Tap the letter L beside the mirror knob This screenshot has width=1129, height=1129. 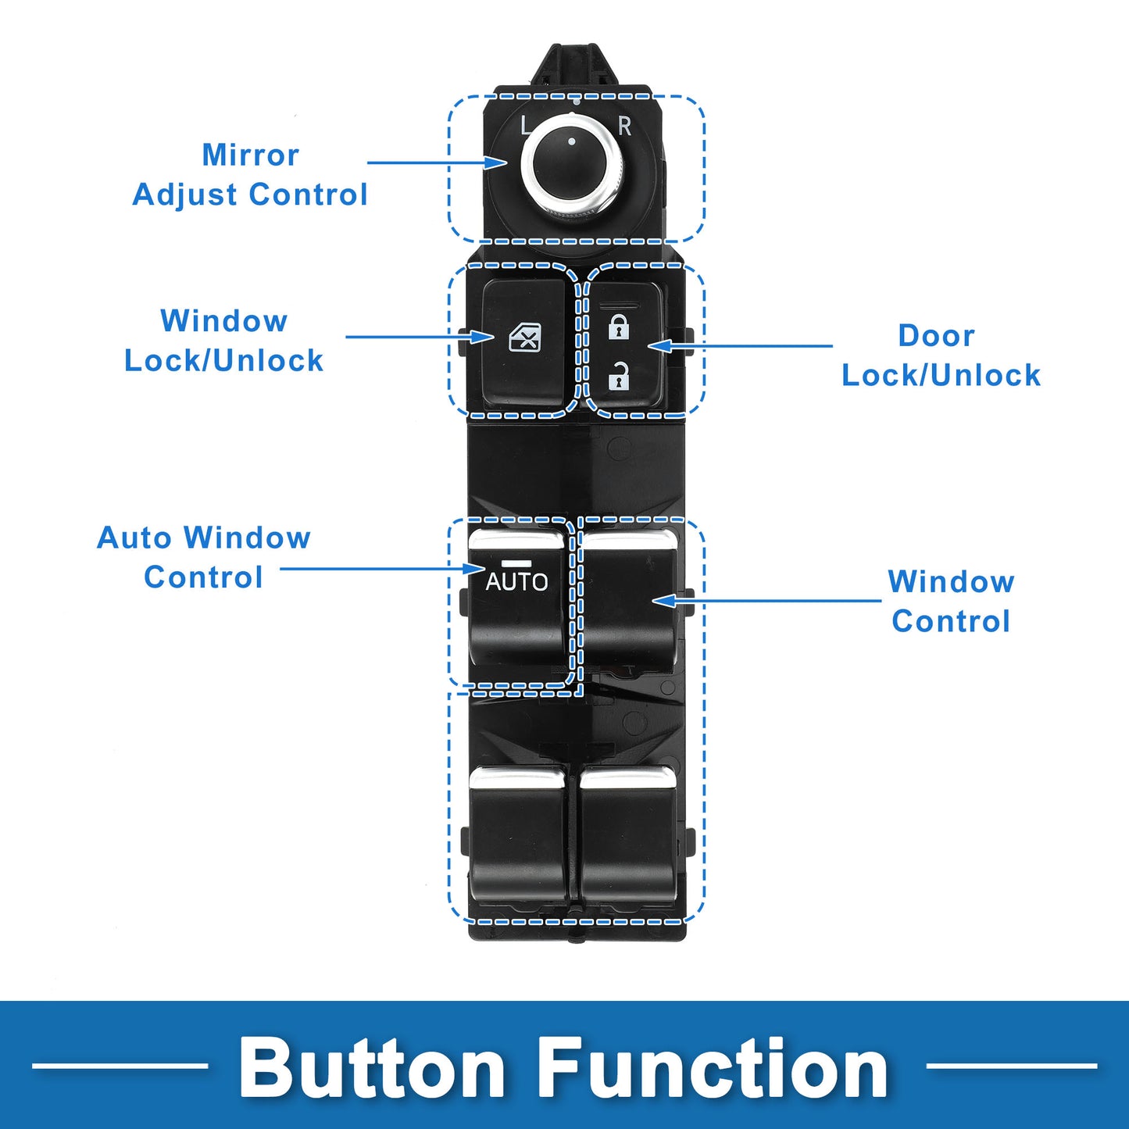click(526, 125)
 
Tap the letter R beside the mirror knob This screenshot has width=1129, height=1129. click(624, 126)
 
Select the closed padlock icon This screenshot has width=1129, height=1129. click(619, 327)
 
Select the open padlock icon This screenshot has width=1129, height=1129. click(619, 377)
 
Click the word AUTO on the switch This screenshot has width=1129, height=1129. click(516, 581)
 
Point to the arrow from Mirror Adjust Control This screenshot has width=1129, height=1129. click(438, 163)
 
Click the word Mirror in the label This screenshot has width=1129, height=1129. click(250, 155)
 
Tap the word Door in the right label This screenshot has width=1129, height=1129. click(936, 335)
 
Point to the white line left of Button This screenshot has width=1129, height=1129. click(120, 1065)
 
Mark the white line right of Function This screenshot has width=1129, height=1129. click(1011, 1065)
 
